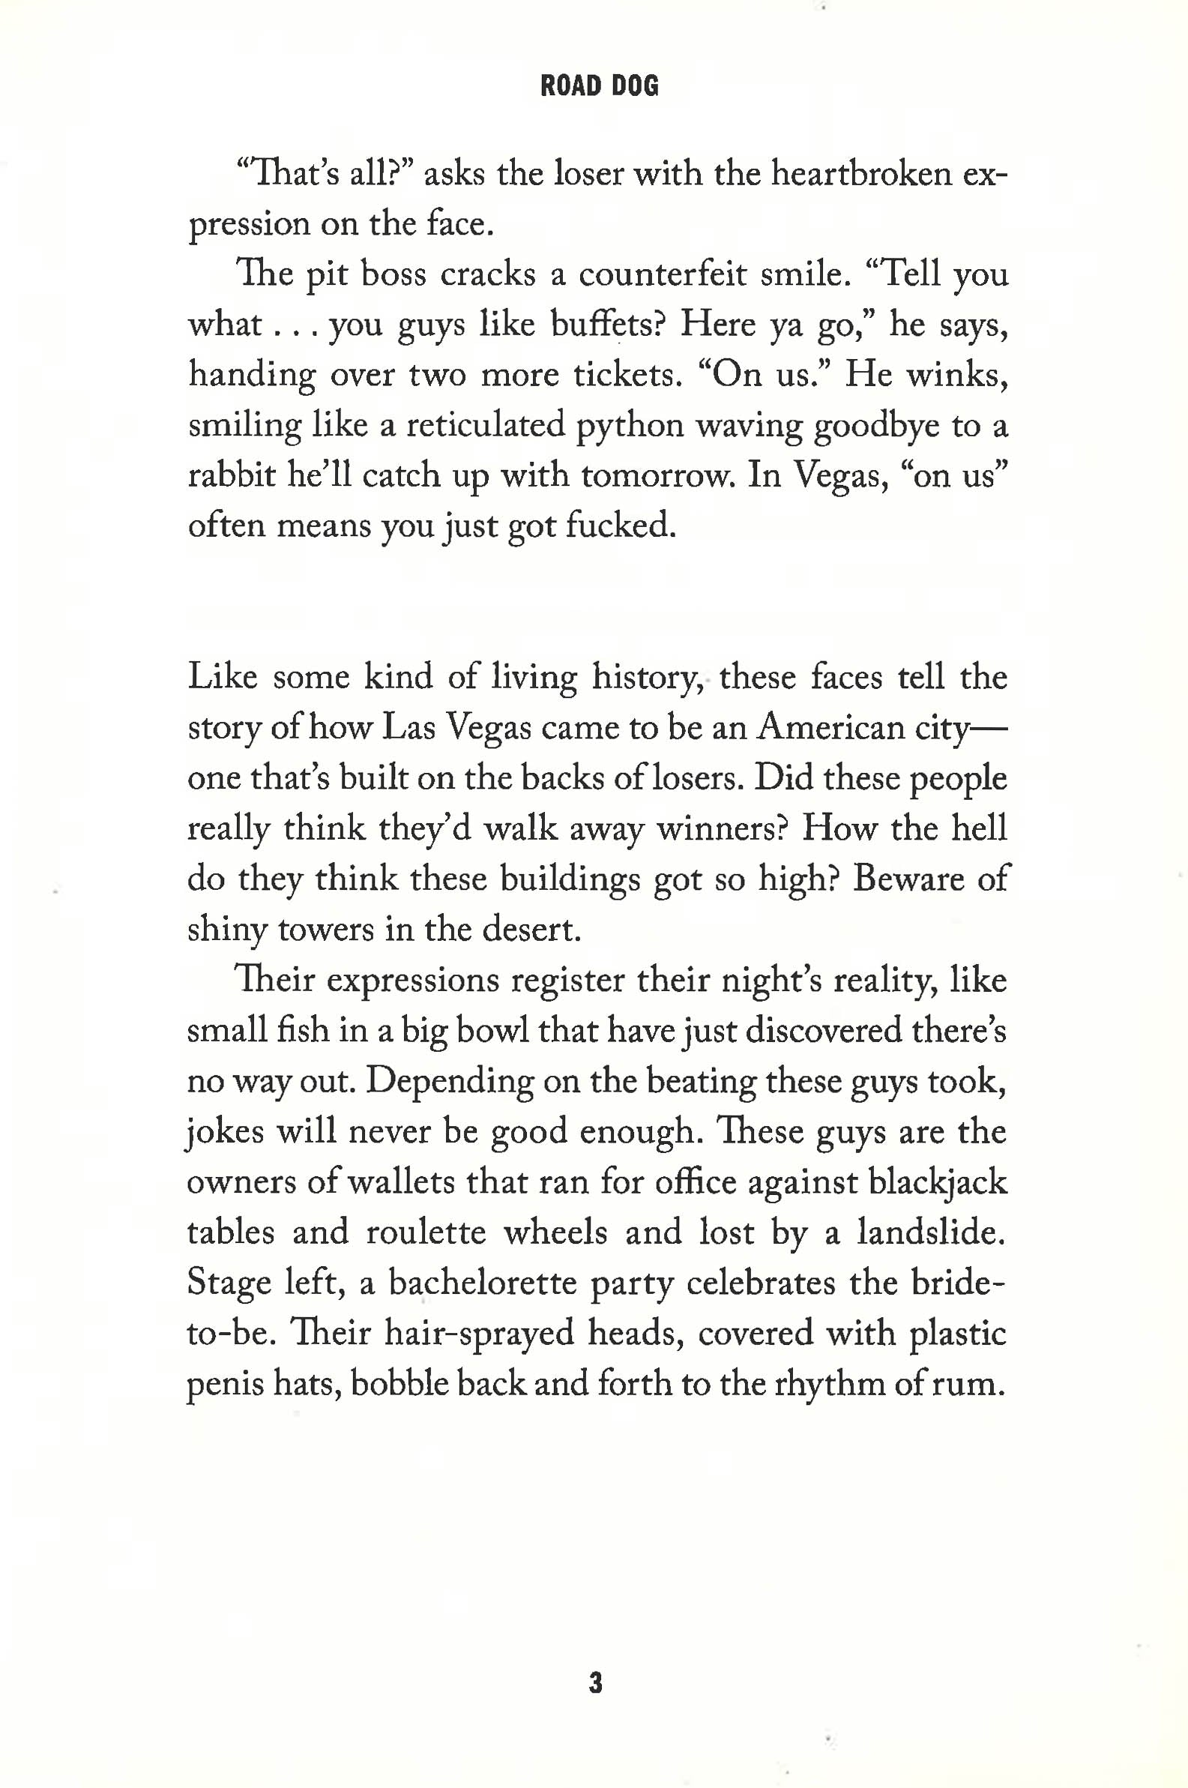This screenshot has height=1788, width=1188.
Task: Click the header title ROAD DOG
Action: (600, 86)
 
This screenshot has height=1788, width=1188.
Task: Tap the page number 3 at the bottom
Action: (596, 1684)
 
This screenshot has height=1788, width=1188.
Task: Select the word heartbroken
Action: (861, 174)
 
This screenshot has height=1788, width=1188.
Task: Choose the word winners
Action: (720, 829)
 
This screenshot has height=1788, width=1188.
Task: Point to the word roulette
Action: (426, 1232)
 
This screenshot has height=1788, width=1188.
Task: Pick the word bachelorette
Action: (483, 1283)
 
